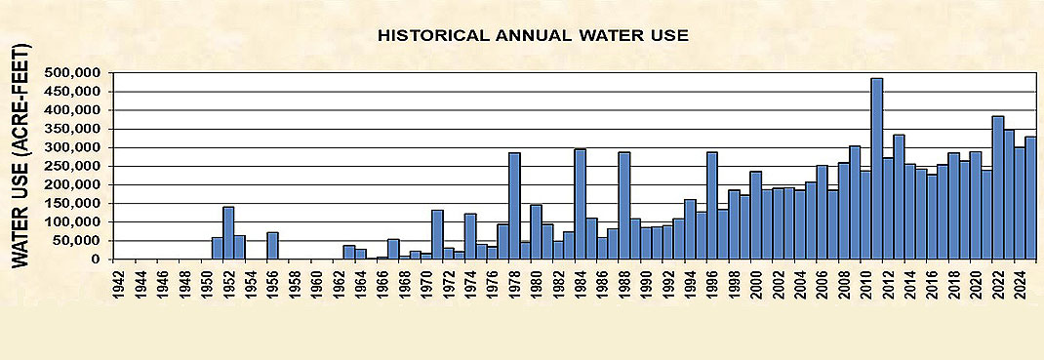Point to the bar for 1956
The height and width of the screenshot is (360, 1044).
[272, 246]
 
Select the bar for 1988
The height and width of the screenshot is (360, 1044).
[623, 206]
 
